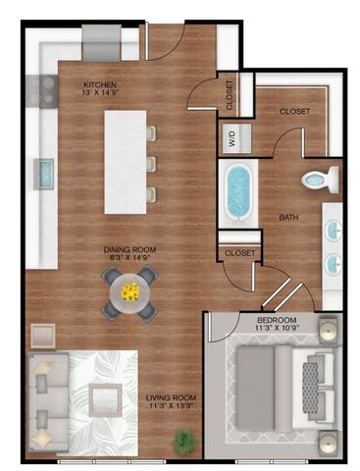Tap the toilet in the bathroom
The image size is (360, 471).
tap(318, 179)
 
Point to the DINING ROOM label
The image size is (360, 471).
tap(130, 250)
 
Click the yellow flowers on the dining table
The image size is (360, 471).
tap(130, 290)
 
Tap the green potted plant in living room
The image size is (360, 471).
tap(182, 442)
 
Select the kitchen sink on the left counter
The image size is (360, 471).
tap(44, 175)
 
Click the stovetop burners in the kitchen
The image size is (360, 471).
tap(44, 91)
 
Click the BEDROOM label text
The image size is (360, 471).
tap(278, 321)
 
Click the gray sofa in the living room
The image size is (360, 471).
tap(46, 402)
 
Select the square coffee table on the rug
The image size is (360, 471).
tap(104, 400)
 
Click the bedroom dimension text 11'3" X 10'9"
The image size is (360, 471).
tap(278, 331)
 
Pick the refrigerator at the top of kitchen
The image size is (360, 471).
tap(101, 43)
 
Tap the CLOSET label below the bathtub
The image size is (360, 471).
tap(239, 253)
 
